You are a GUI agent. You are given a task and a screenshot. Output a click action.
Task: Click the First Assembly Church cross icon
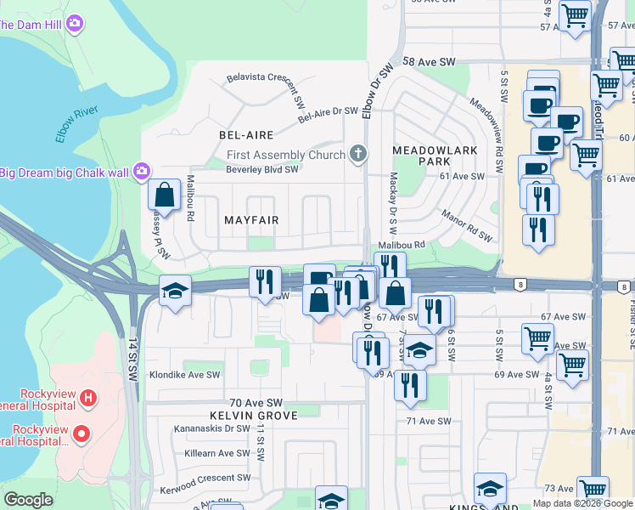(358, 154)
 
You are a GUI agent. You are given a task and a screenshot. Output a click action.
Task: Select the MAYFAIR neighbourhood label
(251, 220)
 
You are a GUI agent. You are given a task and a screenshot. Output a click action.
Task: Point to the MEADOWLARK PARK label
(421, 156)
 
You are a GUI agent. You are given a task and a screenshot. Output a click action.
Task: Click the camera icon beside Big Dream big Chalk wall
(141, 173)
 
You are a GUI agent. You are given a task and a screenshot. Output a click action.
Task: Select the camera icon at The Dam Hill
(74, 23)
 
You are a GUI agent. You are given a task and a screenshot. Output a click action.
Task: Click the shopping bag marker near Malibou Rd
(165, 195)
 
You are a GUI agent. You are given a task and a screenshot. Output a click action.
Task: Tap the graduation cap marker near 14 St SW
(176, 292)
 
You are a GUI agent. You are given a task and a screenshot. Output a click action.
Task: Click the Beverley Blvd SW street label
(250, 169)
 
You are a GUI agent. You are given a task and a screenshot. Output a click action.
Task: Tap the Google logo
(28, 500)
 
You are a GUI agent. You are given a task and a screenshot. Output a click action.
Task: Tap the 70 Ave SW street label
(256, 402)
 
